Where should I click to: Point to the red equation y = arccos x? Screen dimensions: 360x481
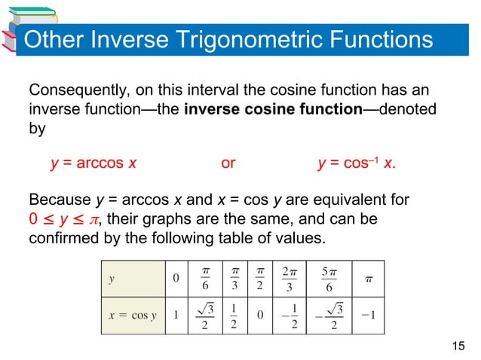(93, 163)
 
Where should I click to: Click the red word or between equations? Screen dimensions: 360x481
(228, 163)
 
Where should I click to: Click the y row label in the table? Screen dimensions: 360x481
(112, 278)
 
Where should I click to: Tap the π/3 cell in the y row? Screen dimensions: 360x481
(234, 278)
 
